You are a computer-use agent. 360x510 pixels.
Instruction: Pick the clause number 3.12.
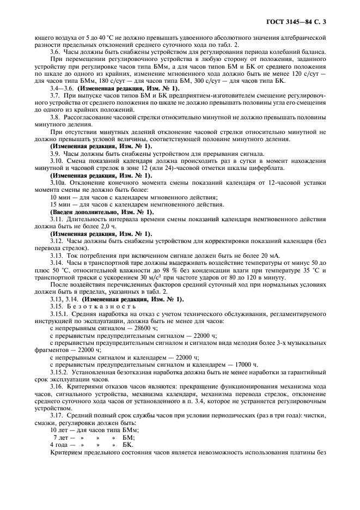click(x=57, y=240)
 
